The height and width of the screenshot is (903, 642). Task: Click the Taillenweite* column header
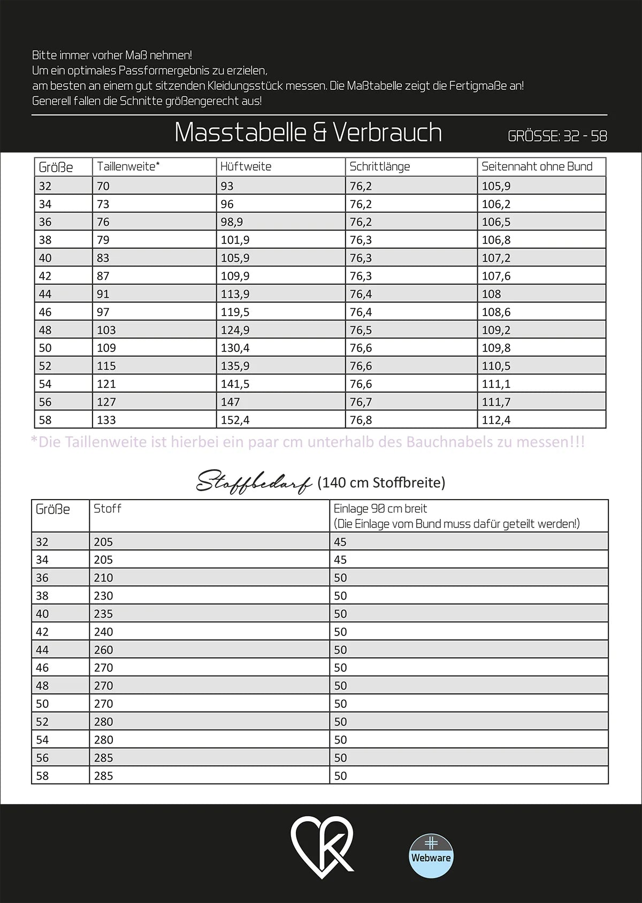coord(128,166)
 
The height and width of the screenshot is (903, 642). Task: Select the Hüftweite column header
coord(246,166)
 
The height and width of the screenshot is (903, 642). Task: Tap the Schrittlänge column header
coord(379,166)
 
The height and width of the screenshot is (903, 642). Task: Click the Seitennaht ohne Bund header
coord(537,166)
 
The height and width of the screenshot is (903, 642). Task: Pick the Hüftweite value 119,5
coord(235,312)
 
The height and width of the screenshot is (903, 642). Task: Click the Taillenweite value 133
coord(106,420)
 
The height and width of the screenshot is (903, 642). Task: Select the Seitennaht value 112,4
coord(496,420)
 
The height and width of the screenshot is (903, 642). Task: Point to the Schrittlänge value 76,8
coord(361,420)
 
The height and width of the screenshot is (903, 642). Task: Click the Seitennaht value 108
coord(491,294)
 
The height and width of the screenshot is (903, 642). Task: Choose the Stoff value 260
coord(103,650)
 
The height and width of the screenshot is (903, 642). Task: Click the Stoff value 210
coord(103,578)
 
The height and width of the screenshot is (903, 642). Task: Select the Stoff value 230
coord(103,596)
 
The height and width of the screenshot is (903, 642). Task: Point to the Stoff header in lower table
coord(108,509)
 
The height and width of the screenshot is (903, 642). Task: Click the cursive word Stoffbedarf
coord(254,483)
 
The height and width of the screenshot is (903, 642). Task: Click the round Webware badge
coord(431,856)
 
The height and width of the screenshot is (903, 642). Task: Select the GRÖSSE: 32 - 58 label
coord(557,136)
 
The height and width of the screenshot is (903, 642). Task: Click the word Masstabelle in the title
coord(240,133)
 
